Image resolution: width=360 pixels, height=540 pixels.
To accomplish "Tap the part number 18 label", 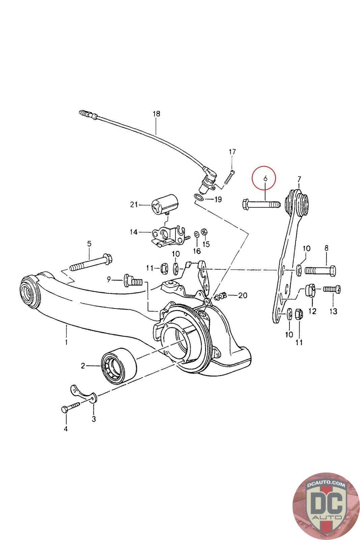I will pyautogui.click(x=156, y=114).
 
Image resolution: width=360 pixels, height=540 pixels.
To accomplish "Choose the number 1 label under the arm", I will pyautogui.click(x=66, y=342).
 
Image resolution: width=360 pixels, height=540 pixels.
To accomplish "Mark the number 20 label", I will pyautogui.click(x=242, y=296).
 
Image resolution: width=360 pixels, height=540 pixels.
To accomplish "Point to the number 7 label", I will pyautogui.click(x=299, y=179).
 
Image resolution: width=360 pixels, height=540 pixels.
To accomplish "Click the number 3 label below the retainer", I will pyautogui.click(x=94, y=419).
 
